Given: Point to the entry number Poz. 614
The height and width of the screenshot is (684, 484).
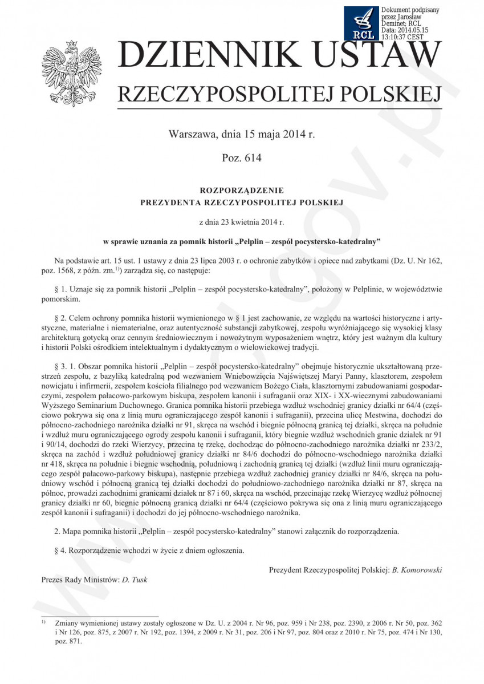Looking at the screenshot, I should click(x=241, y=158).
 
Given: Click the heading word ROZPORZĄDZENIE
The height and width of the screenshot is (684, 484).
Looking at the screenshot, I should click(x=241, y=190).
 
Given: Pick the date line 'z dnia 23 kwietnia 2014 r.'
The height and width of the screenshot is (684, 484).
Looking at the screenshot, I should click(x=241, y=221).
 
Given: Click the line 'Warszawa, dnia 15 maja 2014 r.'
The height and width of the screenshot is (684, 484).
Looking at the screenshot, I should click(x=241, y=135).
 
